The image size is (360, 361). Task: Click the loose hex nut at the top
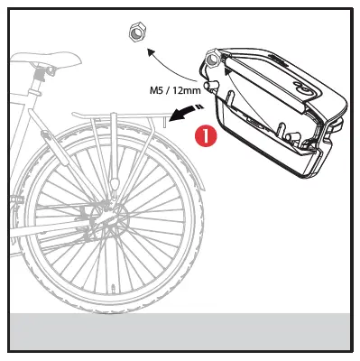click(136, 33)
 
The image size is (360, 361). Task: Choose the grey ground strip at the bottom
click(180, 330)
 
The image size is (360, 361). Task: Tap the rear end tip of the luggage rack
click(165, 116)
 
